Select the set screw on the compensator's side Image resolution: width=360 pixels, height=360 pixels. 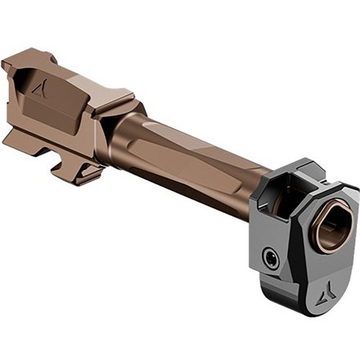(271, 258)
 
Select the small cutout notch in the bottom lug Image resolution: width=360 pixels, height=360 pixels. (61, 163)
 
